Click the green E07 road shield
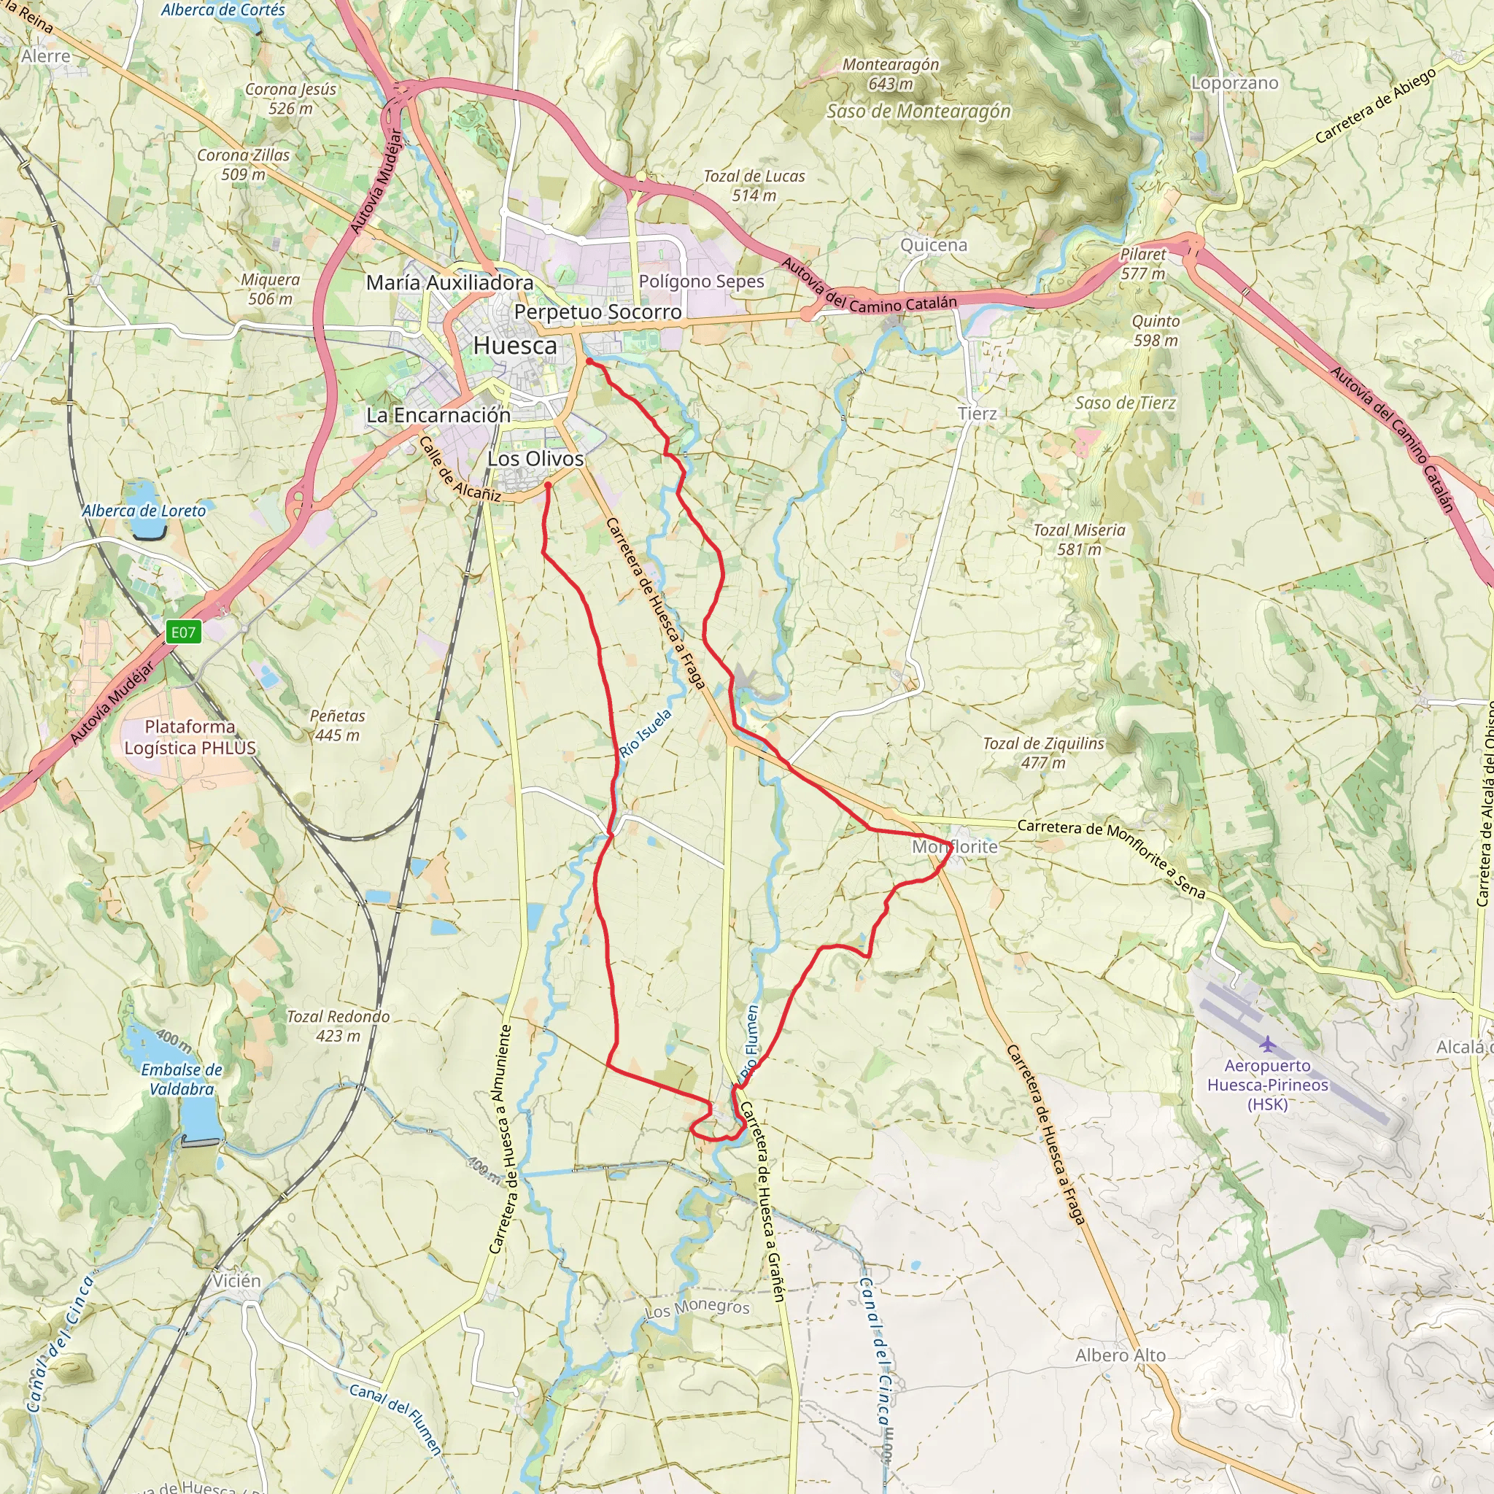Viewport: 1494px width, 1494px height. (x=183, y=632)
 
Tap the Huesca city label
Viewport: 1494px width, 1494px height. (x=515, y=346)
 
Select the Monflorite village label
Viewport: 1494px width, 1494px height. (x=954, y=847)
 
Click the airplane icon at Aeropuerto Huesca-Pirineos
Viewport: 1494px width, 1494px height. (x=1266, y=1045)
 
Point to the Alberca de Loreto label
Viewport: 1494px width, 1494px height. (x=144, y=511)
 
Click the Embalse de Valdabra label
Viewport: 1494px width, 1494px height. (x=182, y=1079)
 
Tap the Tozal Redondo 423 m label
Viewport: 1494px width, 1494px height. (x=338, y=1026)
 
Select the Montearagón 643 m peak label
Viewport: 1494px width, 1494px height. (x=891, y=74)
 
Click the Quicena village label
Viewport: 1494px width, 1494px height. (x=933, y=245)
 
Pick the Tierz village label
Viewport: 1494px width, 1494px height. (x=977, y=414)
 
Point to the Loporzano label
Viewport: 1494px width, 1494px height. (x=1234, y=82)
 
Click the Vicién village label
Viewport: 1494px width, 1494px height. (x=236, y=1280)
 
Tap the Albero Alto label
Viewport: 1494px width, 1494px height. (x=1120, y=1355)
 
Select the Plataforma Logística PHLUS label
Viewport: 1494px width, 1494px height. (x=190, y=737)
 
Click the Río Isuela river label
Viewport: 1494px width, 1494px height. (x=645, y=733)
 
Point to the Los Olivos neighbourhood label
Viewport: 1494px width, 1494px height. (x=535, y=459)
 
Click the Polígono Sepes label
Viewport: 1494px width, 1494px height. (x=701, y=282)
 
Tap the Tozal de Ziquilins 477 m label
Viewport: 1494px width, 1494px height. (x=1043, y=752)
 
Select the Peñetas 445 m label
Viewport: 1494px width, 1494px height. (x=337, y=725)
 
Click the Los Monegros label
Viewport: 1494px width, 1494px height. (x=697, y=1309)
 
